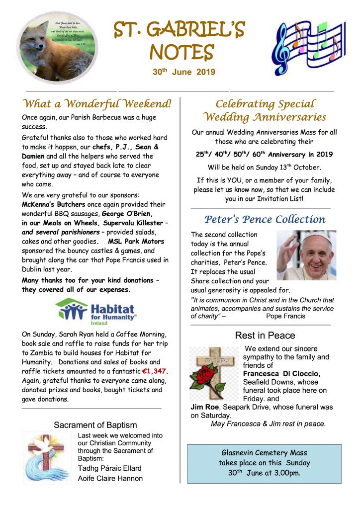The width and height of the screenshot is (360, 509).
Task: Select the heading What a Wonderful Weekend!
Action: [x=97, y=104]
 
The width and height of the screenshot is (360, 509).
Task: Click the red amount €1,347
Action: [x=156, y=371]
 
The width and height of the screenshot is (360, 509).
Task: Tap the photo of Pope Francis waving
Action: [x=306, y=255]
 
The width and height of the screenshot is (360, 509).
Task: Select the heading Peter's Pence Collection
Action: [x=265, y=220]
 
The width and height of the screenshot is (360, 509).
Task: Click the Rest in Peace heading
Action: [x=265, y=336]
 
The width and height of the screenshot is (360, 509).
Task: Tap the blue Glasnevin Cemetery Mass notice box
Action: [x=264, y=463]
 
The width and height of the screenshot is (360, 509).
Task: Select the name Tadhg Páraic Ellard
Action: [x=109, y=468]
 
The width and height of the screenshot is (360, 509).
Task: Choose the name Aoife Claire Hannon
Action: [x=110, y=479]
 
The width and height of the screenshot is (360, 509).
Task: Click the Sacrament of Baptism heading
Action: [x=95, y=425]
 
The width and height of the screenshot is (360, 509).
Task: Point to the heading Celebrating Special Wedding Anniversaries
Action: [x=265, y=110]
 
